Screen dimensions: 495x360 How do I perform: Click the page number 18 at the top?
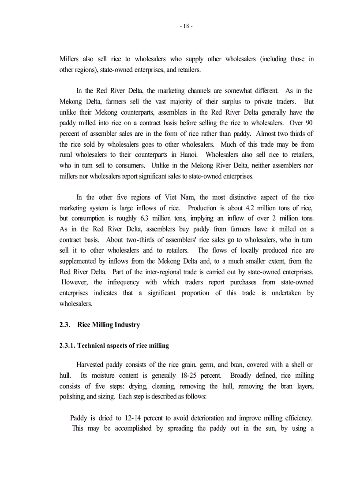[x=186, y=26]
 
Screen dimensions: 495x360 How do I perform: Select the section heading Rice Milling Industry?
[x=109, y=325]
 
